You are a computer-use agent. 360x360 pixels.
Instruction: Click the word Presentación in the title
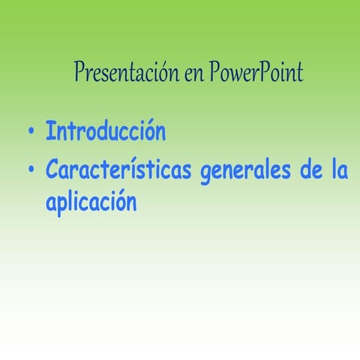coord(123,73)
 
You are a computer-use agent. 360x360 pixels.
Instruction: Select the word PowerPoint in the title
coord(256,73)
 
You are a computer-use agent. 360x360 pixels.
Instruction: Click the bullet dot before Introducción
coord(31,134)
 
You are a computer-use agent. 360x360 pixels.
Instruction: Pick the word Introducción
coord(105,132)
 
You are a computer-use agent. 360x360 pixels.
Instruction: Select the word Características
coord(119,170)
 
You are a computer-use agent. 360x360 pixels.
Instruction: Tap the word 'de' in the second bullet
coord(310,170)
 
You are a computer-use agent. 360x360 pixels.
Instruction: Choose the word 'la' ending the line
coord(339,170)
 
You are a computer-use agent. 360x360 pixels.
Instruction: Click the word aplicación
coord(91,202)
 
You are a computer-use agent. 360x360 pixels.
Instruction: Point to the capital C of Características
coord(52,170)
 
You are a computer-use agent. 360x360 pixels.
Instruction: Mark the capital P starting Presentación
coord(79,72)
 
